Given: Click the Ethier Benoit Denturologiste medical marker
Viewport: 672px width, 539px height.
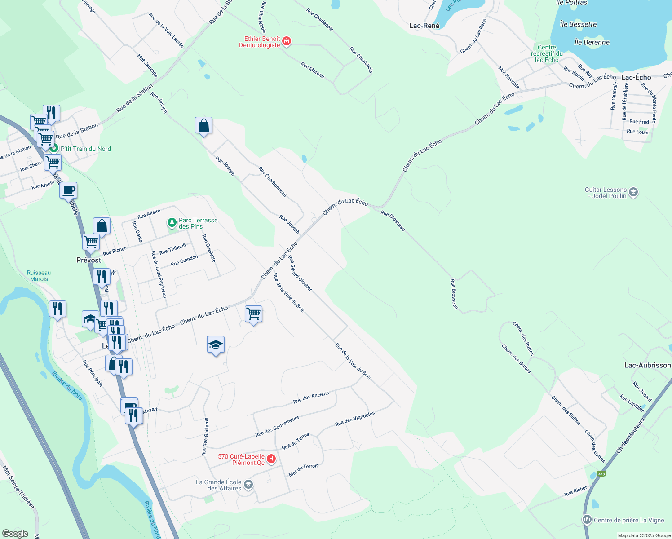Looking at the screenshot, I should pos(287,42).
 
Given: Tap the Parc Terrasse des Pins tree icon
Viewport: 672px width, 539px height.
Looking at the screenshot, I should pos(172,223).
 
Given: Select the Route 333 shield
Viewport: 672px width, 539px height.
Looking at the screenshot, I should pos(601,474).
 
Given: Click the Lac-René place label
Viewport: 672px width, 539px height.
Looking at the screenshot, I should pos(424,26).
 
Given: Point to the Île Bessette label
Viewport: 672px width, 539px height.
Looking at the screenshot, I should pos(578,24).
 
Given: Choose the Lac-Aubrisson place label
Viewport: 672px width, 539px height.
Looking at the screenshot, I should pos(647,365).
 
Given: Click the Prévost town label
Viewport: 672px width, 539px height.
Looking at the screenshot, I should pos(89,260).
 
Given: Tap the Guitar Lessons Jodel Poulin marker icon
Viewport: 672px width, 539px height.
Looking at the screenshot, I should pos(633,193).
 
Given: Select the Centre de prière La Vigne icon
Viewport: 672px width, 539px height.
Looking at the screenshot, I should pos(587,520).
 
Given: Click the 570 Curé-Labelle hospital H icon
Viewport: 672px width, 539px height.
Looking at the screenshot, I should pos(271,459).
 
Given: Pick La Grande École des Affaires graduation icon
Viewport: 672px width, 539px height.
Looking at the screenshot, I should pos(248,485).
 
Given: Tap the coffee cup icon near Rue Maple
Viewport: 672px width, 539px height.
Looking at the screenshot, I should pos(68,190).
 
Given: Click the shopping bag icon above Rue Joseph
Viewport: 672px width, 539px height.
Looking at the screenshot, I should pos(203,126).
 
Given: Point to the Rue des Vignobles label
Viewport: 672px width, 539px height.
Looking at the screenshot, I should pos(355,419).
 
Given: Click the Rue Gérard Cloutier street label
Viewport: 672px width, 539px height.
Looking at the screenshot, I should pos(300,273).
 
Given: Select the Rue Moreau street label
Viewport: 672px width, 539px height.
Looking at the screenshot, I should pos(313,70).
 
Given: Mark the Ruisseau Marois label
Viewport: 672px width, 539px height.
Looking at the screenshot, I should pos(39,276).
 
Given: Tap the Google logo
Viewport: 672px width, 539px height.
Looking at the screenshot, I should pos(15,534).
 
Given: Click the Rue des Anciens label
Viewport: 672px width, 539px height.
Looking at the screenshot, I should pos(311,398).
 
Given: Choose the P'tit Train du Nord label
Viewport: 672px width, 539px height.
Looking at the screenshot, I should pos(85,149).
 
